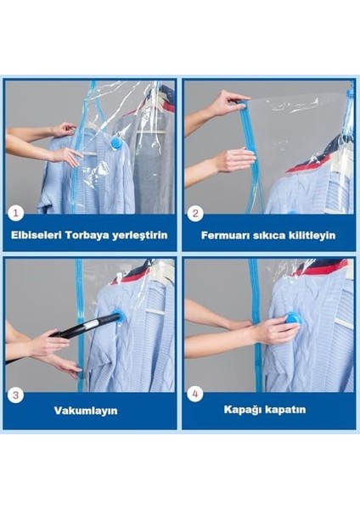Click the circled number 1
(x=15, y=214)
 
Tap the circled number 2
(x=194, y=214)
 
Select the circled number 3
(x=16, y=394)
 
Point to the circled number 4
(x=194, y=394)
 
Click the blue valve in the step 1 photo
(x=115, y=143)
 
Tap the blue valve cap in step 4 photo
(x=294, y=319)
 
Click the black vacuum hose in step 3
(x=85, y=327)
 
